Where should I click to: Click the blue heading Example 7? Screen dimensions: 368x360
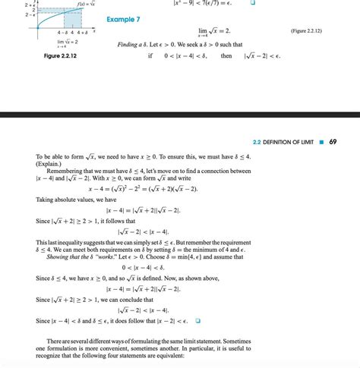(123, 17)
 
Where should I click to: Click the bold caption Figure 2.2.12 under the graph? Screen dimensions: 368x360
(61, 56)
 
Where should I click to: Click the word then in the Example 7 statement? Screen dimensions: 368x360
(226, 56)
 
